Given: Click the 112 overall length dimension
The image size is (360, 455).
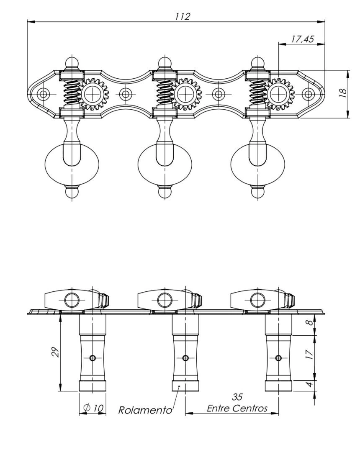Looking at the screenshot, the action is (x=183, y=16).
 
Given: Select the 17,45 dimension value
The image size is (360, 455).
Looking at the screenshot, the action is (x=302, y=39).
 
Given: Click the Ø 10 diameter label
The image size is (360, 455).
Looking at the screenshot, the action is (x=93, y=408).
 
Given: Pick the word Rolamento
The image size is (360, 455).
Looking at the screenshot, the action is (x=145, y=410).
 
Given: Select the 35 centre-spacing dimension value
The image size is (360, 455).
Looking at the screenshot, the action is (x=237, y=397).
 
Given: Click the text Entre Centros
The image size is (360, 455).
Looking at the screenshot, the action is (x=237, y=408).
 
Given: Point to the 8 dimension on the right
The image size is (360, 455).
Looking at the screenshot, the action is (x=310, y=322).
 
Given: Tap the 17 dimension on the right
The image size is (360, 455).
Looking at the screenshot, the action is (x=310, y=354).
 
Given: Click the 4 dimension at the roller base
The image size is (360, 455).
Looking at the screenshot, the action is (x=310, y=384).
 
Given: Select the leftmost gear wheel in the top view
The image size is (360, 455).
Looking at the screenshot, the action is (x=93, y=94).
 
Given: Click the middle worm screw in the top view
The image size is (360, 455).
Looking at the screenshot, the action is (x=165, y=93).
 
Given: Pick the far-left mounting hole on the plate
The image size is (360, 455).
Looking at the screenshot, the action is (x=43, y=94).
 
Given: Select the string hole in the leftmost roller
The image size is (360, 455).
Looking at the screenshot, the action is (x=93, y=358).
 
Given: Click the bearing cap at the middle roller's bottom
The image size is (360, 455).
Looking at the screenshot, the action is (x=186, y=386).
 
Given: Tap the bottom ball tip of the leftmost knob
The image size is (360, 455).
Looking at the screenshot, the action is (x=72, y=192).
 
